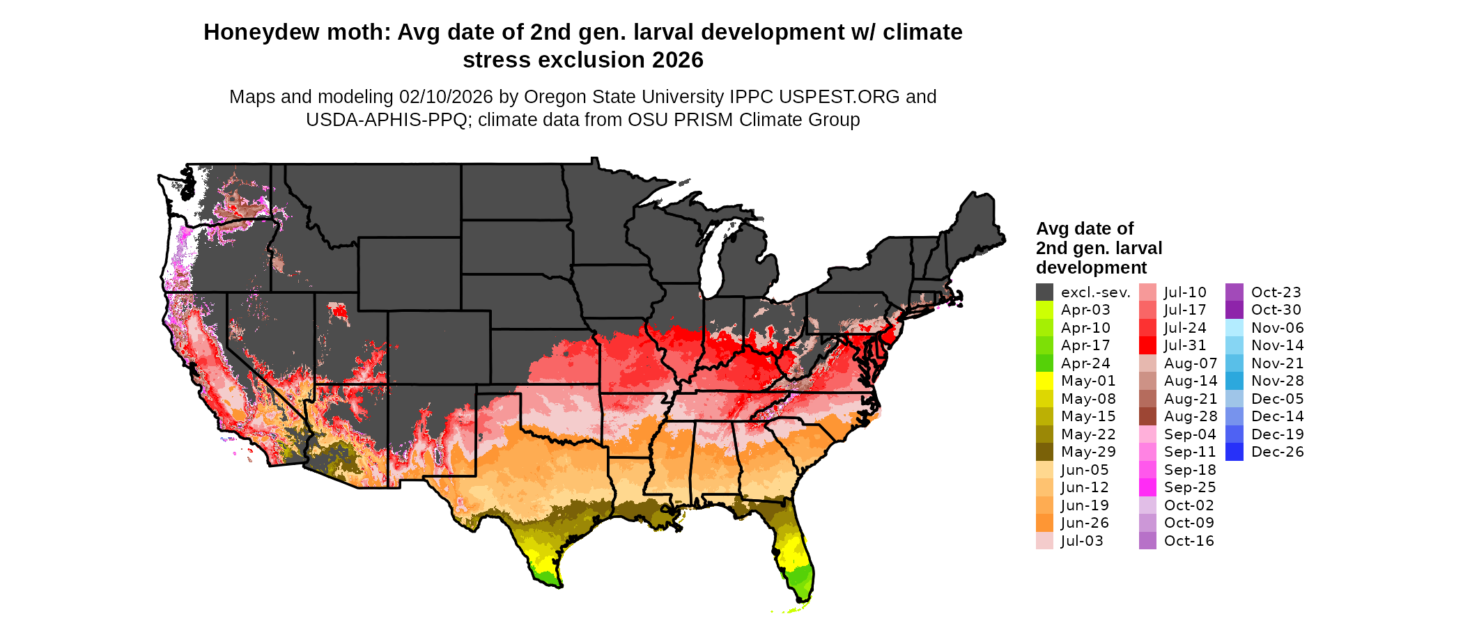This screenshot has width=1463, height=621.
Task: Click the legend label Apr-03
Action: coord(1085,310)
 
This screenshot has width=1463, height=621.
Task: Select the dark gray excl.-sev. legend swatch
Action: coord(1044,292)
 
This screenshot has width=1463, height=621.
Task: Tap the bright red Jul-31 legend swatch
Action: coord(1147,345)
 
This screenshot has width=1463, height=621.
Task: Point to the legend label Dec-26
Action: coord(1277,452)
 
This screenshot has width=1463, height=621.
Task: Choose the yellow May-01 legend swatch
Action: coord(1044,381)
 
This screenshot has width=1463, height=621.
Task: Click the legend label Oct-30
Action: coord(1276,310)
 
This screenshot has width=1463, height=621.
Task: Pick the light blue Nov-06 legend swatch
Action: coord(1234,328)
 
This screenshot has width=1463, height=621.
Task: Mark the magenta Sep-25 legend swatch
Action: coord(1147,487)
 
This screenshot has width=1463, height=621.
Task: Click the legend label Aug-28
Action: coord(1191,416)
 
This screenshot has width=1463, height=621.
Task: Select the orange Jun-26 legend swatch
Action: coord(1044,523)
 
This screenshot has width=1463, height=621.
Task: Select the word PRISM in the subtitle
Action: coord(707,120)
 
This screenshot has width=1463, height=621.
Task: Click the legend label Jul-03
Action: coord(1082,541)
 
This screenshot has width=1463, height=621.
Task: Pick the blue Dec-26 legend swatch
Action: coord(1234,452)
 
